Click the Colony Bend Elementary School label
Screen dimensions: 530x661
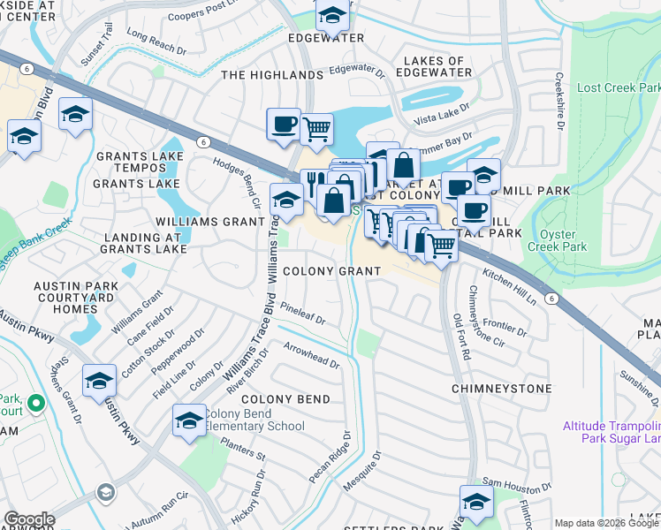click(255, 420)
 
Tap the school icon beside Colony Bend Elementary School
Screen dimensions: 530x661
click(189, 421)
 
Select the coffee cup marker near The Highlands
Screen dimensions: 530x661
click(284, 125)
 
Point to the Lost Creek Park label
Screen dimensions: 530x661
click(618, 88)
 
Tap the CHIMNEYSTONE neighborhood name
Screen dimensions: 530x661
click(501, 389)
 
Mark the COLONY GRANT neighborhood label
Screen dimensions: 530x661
click(331, 271)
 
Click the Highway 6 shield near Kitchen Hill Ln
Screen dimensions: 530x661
click(551, 299)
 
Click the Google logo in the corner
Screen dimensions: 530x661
click(29, 519)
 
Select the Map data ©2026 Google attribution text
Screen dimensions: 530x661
click(605, 523)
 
